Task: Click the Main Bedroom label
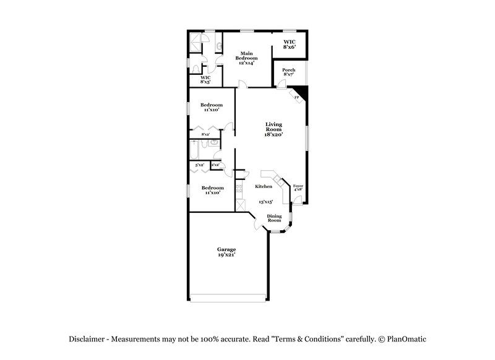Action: [246, 58]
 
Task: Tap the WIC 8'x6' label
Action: [290, 44]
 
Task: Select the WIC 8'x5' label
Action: [205, 79]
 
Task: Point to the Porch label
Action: [288, 72]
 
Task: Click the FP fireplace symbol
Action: [297, 97]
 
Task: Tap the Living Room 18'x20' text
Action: [273, 129]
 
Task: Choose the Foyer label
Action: [298, 188]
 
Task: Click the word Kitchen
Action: [264, 186]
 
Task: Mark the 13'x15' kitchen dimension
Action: [265, 202]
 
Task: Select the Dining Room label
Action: [274, 218]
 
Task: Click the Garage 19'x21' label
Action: [226, 252]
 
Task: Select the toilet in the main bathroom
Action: [195, 69]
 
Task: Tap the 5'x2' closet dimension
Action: [200, 165]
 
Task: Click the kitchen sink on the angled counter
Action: [278, 182]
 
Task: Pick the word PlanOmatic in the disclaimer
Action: [406, 339]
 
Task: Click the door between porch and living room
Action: [282, 87]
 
